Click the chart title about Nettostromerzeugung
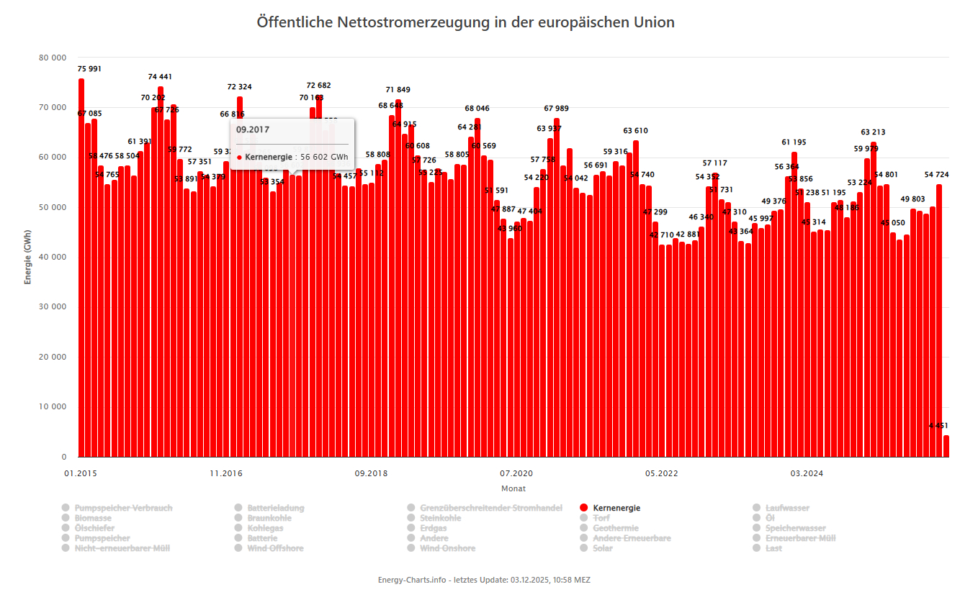click(466, 22)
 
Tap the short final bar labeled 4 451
click(946, 446)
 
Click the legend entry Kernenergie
click(616, 508)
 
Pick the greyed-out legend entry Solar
click(602, 548)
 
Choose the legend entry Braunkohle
click(269, 518)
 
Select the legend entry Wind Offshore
click(275, 548)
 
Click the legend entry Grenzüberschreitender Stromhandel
click(490, 508)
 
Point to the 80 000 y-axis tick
click(53, 58)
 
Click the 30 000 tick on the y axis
click(53, 307)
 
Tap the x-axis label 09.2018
click(371, 473)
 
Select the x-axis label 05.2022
click(660, 473)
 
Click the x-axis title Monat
click(513, 488)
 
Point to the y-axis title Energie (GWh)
click(28, 257)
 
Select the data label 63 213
click(873, 132)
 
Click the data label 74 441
click(160, 77)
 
